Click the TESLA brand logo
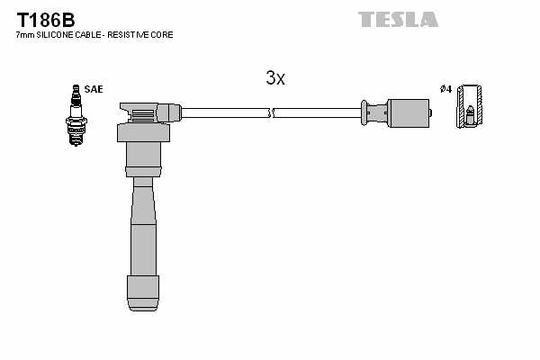(x=397, y=18)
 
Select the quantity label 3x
(x=275, y=78)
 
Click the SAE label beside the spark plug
(x=94, y=88)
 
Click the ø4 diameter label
(x=445, y=88)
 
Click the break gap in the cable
(x=271, y=112)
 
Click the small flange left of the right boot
(x=366, y=112)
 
